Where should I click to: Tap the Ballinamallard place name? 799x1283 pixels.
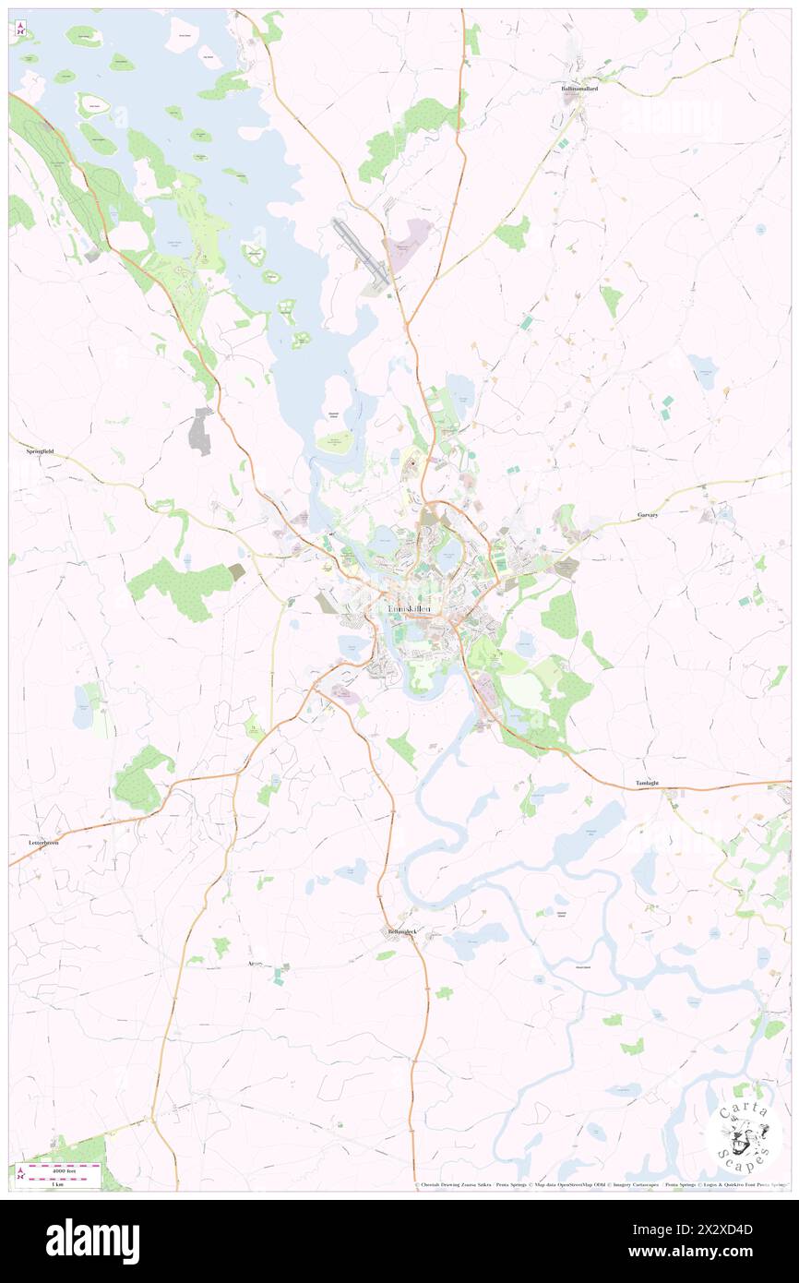579,89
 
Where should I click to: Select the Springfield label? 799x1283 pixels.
39,451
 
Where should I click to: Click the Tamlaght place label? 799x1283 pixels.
647,783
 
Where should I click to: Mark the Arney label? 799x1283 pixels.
256,963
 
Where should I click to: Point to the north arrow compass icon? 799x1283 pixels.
20,30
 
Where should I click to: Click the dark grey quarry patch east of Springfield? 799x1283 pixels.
200,432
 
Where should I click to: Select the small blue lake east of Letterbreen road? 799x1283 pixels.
82,707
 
